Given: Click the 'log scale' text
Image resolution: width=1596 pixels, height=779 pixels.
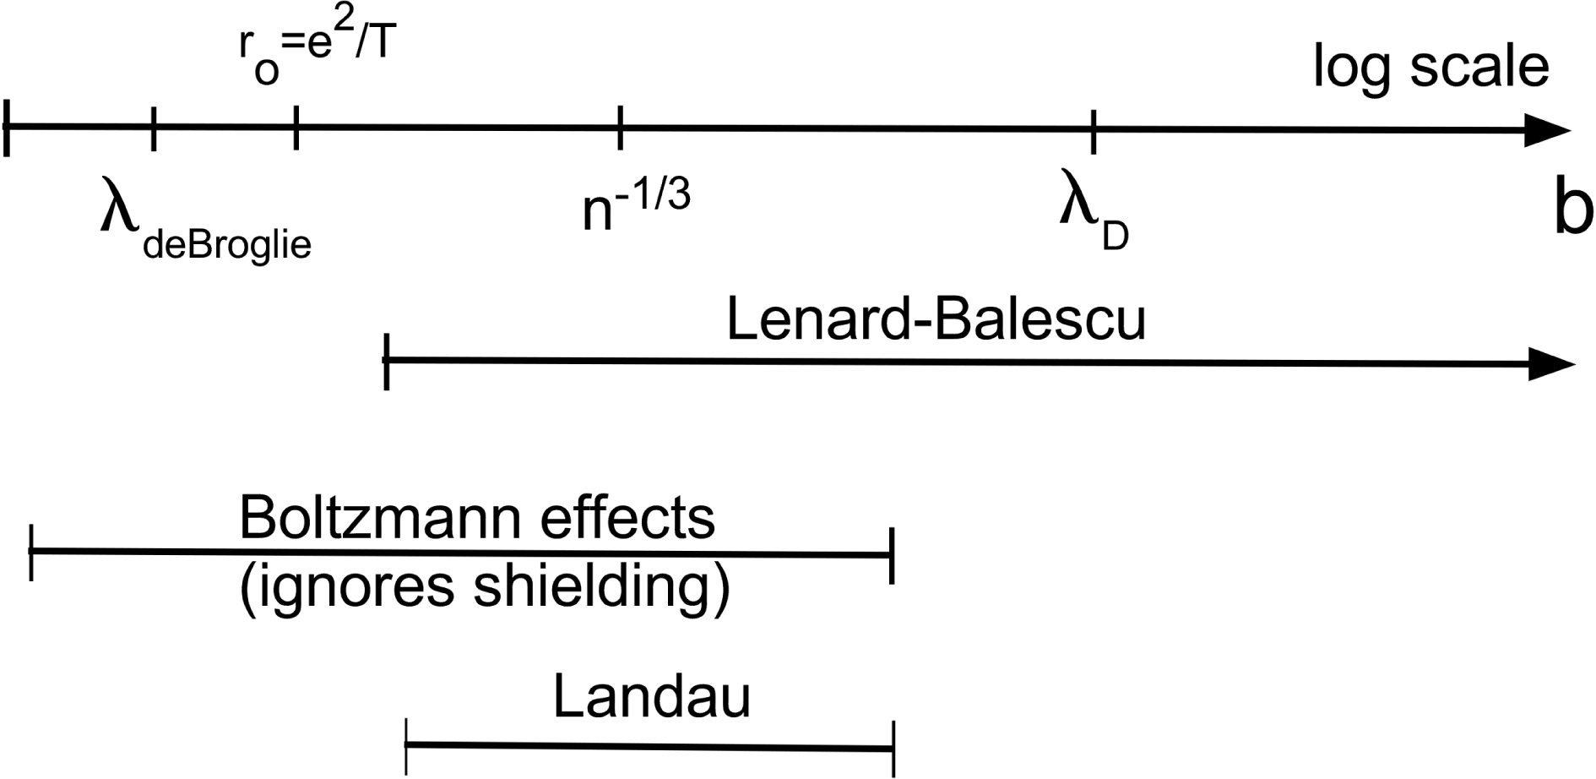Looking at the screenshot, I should tap(1430, 68).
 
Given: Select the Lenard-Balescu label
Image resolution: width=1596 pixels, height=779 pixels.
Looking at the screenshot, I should tap(936, 320).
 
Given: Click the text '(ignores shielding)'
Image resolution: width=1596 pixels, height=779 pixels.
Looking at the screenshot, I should tap(485, 588).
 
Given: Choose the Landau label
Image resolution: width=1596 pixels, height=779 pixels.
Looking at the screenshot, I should tap(651, 698).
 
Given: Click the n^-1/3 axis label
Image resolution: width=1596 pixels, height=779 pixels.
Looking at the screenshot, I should tap(636, 206).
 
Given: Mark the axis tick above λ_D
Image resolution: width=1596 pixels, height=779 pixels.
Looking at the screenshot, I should tap(1094, 131).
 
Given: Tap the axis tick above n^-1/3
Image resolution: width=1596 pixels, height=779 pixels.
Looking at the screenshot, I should tap(620, 128).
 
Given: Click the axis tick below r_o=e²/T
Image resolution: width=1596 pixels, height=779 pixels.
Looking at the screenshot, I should tap(296, 128).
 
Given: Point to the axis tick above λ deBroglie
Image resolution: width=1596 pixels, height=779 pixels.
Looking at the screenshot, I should tap(153, 128).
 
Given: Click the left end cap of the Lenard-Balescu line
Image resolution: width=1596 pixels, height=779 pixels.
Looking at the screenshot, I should tap(386, 361).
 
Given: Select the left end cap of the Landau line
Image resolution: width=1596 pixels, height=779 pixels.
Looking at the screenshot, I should tap(406, 746).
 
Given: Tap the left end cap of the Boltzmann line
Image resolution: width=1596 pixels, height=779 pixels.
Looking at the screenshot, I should tap(31, 552).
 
